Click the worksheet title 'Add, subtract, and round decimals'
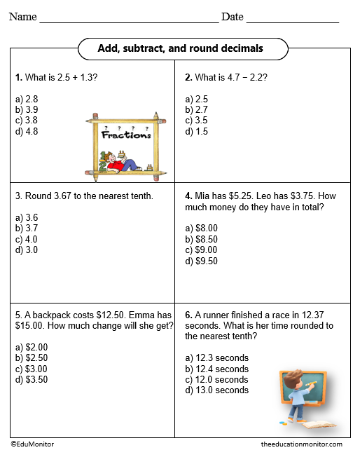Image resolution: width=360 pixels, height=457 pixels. pos(181,48)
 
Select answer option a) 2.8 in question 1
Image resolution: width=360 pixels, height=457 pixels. pos(26,100)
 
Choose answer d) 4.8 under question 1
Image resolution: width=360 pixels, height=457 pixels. pos(26,131)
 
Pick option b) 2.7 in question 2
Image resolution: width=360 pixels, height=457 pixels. pos(196,110)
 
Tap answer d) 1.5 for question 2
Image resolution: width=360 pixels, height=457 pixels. pos(196,131)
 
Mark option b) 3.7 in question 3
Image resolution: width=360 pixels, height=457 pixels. pos(26,228)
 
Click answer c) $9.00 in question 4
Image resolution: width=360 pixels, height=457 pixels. pos(202,250)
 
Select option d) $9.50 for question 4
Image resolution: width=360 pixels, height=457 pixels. pos(202,261)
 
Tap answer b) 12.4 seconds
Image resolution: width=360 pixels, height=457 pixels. pos(216,369)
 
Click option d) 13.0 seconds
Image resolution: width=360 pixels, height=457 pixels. pos(216,390)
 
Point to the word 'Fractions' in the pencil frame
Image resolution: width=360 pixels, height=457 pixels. pos(126,135)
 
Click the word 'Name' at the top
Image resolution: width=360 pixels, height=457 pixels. pos(22,17)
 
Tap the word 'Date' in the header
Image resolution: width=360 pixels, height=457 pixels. pos(232,17)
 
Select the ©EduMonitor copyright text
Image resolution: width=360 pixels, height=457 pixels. pos(32,444)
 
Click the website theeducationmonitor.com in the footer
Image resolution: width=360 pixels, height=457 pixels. pos(301,444)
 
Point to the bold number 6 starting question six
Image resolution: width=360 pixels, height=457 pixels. pos(188,315)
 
